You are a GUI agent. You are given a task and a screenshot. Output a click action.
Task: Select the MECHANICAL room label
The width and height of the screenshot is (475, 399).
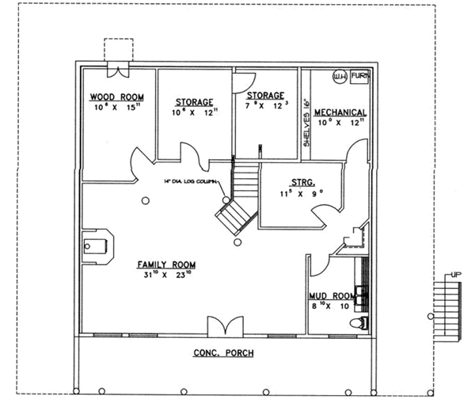coord(339,112)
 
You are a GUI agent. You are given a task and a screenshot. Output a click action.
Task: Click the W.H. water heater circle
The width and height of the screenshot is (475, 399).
coord(339,78)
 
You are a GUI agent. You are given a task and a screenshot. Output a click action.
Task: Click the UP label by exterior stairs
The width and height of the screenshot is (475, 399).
coord(455,275)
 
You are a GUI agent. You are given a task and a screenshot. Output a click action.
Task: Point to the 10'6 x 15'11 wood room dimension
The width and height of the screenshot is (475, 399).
coord(116,107)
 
